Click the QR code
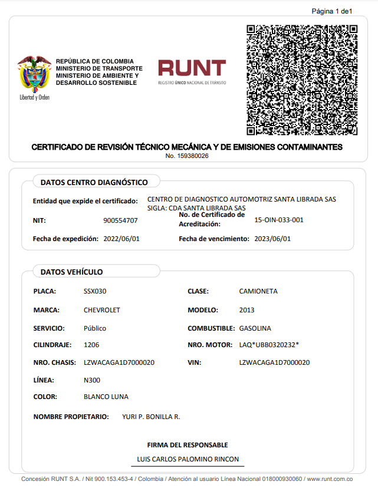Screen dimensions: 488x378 pyautogui.click(x=302, y=80)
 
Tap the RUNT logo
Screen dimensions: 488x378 pyautogui.click(x=192, y=71)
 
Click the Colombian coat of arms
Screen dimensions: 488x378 pyautogui.click(x=34, y=75)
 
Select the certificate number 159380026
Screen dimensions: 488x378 pyautogui.click(x=187, y=156)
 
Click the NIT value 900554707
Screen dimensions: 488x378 pyautogui.click(x=120, y=220)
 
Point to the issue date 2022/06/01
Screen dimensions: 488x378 pyautogui.click(x=121, y=239)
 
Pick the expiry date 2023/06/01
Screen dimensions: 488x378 pyautogui.click(x=272, y=239)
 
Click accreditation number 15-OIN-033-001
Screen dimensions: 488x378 pyautogui.click(x=278, y=220)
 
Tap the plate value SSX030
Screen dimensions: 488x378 pyautogui.click(x=95, y=291)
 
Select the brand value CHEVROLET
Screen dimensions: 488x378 pyautogui.click(x=102, y=309)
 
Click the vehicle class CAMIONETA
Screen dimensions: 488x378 pyautogui.click(x=258, y=291)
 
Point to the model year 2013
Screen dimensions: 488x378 pyautogui.click(x=247, y=309)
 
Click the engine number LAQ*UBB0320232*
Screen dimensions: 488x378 pyautogui.click(x=269, y=344)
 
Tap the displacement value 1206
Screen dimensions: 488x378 pyautogui.click(x=91, y=344)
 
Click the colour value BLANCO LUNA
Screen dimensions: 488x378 pyautogui.click(x=106, y=397)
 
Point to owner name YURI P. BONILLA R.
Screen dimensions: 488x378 pyautogui.click(x=151, y=417)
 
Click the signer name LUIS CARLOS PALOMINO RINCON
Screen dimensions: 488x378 pyautogui.click(x=187, y=459)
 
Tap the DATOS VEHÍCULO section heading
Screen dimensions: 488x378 pyautogui.click(x=71, y=272)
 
